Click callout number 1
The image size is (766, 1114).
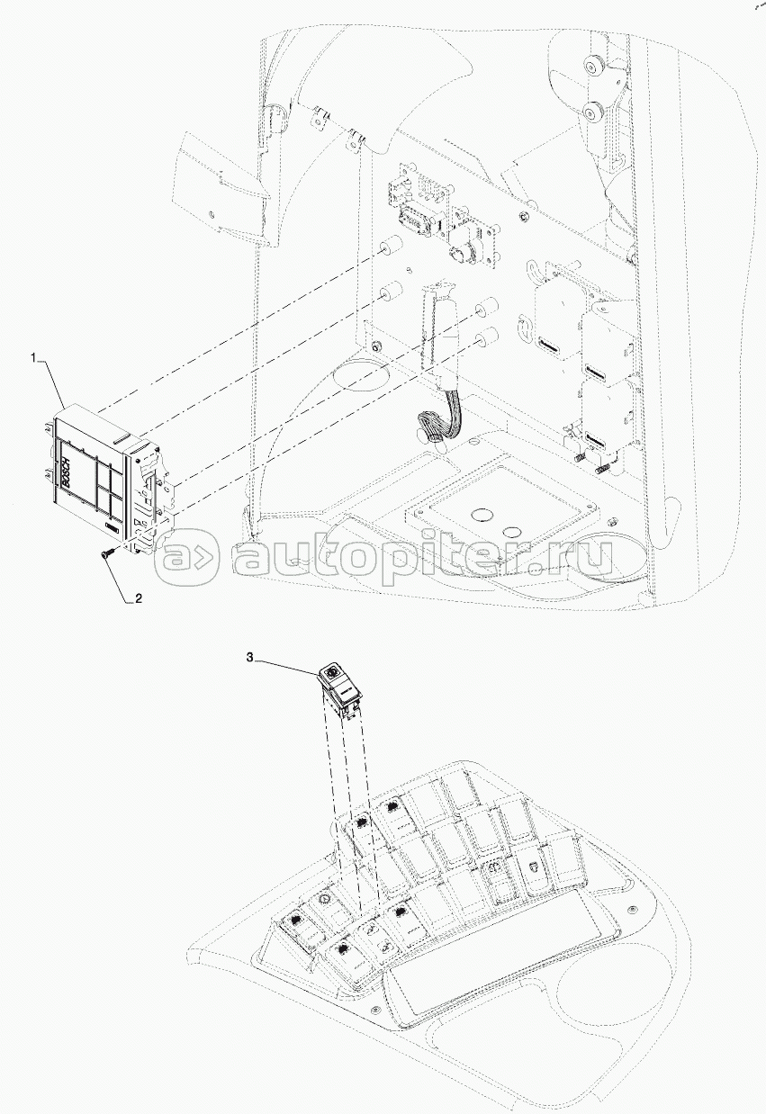[37, 358]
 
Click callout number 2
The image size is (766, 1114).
[138, 597]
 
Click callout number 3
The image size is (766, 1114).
[249, 659]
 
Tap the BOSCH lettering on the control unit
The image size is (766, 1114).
[65, 472]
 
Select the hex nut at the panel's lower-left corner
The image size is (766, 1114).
[375, 347]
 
